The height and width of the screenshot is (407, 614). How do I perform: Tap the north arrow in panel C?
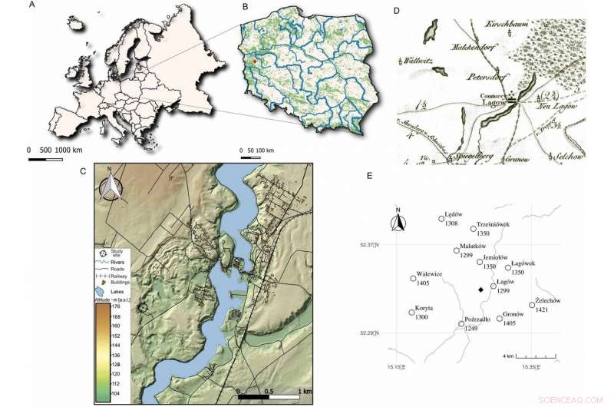[x=113, y=187]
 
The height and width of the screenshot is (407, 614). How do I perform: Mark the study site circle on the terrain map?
[x=141, y=308]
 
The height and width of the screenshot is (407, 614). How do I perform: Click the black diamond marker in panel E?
[x=480, y=290]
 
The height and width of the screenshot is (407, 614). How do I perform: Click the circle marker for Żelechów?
[x=532, y=305]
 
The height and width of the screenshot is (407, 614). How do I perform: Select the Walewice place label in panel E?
[x=429, y=273]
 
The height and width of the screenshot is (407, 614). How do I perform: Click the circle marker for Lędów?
[x=441, y=219]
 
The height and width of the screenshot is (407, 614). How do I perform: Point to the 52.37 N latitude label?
[x=375, y=245]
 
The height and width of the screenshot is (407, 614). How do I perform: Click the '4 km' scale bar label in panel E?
[x=508, y=356]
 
